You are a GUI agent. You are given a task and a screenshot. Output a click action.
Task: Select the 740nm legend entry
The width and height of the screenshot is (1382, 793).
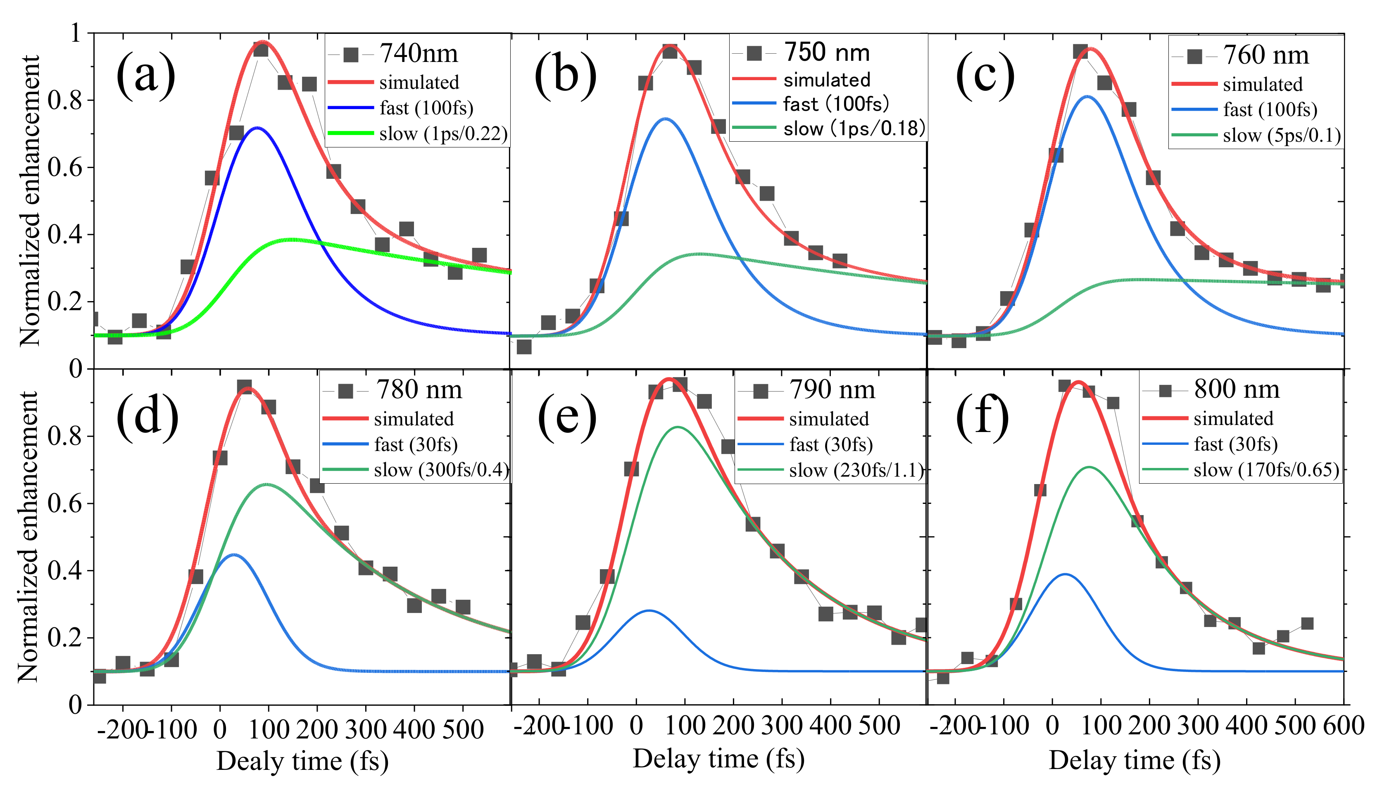(419, 53)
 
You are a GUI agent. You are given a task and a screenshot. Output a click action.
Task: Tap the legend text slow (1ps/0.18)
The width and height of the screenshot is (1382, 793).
(854, 128)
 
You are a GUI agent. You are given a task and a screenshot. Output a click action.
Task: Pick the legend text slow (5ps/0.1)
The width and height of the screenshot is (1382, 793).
(1281, 135)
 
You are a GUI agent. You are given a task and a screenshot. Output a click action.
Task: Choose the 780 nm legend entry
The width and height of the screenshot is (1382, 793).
(419, 390)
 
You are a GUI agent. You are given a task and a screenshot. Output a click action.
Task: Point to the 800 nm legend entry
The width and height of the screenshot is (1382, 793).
(1237, 389)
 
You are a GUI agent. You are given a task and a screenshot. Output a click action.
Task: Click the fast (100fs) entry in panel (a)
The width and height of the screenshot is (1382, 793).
(426, 108)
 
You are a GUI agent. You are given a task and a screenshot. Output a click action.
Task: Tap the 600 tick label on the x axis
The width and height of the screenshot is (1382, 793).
(1343, 726)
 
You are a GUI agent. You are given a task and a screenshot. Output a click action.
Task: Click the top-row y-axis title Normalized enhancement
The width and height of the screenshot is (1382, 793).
(30, 200)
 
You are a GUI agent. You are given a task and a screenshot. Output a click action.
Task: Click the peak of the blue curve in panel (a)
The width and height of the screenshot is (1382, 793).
(257, 128)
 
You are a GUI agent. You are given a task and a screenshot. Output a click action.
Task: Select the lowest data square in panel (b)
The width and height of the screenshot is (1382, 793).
(523, 347)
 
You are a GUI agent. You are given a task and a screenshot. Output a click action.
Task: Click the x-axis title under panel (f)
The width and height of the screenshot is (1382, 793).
(1134, 760)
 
